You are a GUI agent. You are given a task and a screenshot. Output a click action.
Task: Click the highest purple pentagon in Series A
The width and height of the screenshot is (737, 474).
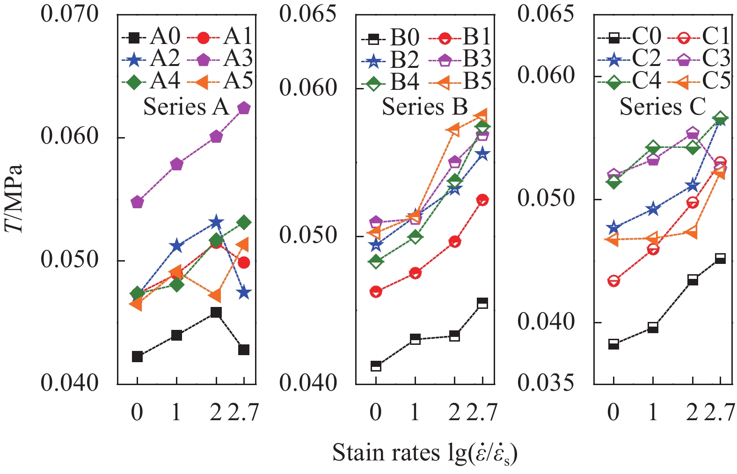point(244,108)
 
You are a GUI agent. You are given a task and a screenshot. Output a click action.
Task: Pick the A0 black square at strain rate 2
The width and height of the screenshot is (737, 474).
point(216,312)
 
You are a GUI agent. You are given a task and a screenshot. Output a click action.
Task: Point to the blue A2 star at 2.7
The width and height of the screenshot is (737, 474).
point(244,293)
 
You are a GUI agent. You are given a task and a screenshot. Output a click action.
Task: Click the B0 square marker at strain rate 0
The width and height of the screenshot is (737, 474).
point(376,366)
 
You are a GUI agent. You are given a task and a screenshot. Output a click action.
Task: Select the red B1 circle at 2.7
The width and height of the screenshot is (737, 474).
point(482,200)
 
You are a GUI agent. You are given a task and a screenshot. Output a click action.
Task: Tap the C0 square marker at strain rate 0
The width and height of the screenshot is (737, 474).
point(614,344)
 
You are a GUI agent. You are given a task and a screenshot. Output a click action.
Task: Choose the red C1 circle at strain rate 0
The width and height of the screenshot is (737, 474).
point(614,281)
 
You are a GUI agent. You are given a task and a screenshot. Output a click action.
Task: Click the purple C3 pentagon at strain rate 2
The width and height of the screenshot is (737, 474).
point(693,133)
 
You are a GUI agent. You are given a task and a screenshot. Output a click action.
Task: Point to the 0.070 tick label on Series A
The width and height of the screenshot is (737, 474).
point(70,14)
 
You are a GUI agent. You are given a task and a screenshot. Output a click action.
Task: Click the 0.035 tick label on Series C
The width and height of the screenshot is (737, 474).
point(545,383)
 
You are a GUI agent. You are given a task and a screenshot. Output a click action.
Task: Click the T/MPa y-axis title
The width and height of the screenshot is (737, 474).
point(14,198)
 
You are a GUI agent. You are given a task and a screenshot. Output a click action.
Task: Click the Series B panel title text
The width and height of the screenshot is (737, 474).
point(425,107)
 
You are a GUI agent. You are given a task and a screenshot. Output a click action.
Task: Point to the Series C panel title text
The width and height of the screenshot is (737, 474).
point(663,107)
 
